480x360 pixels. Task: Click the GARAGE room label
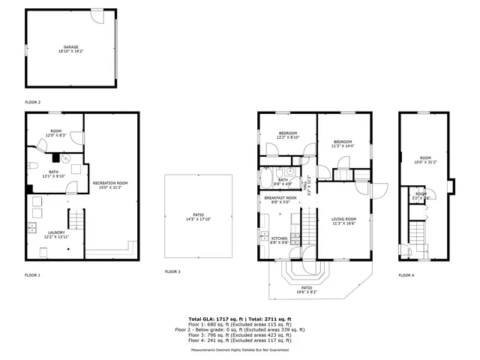(x=70, y=49)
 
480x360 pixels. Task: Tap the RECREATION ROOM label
(x=110, y=185)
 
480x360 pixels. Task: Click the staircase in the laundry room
(x=75, y=220)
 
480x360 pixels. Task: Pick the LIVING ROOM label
(x=344, y=220)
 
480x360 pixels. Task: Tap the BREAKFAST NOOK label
(x=279, y=200)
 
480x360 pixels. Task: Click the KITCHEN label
(x=280, y=240)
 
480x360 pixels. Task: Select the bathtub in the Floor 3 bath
(x=268, y=178)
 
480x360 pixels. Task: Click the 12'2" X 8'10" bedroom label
(x=289, y=135)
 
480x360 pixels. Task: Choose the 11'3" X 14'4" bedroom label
(x=343, y=144)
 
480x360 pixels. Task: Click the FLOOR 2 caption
(x=33, y=102)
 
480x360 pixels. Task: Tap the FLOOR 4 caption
(x=406, y=275)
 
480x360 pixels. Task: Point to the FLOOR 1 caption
(x=33, y=275)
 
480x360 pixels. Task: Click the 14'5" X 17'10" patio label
(x=198, y=217)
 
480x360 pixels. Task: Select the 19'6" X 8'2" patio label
(x=307, y=289)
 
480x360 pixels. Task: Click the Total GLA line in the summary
(x=240, y=319)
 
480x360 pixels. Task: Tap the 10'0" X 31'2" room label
(x=424, y=160)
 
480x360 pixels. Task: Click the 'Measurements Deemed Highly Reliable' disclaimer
(x=240, y=349)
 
